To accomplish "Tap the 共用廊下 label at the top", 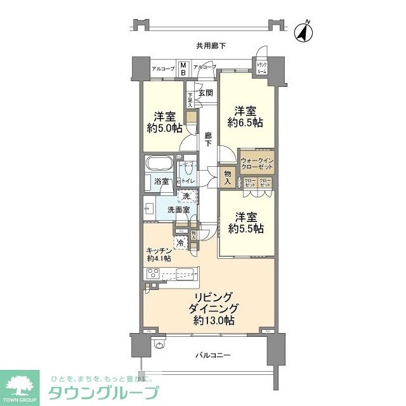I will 211,46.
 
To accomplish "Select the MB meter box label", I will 183,69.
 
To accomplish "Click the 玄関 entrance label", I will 206,93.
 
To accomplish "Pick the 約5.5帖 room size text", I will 245,228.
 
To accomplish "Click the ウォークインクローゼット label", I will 256,163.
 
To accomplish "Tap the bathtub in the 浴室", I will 159,164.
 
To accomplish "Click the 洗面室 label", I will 178,209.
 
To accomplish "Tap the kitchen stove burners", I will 153,275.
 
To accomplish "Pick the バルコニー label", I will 210,355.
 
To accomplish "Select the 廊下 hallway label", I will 208,139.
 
